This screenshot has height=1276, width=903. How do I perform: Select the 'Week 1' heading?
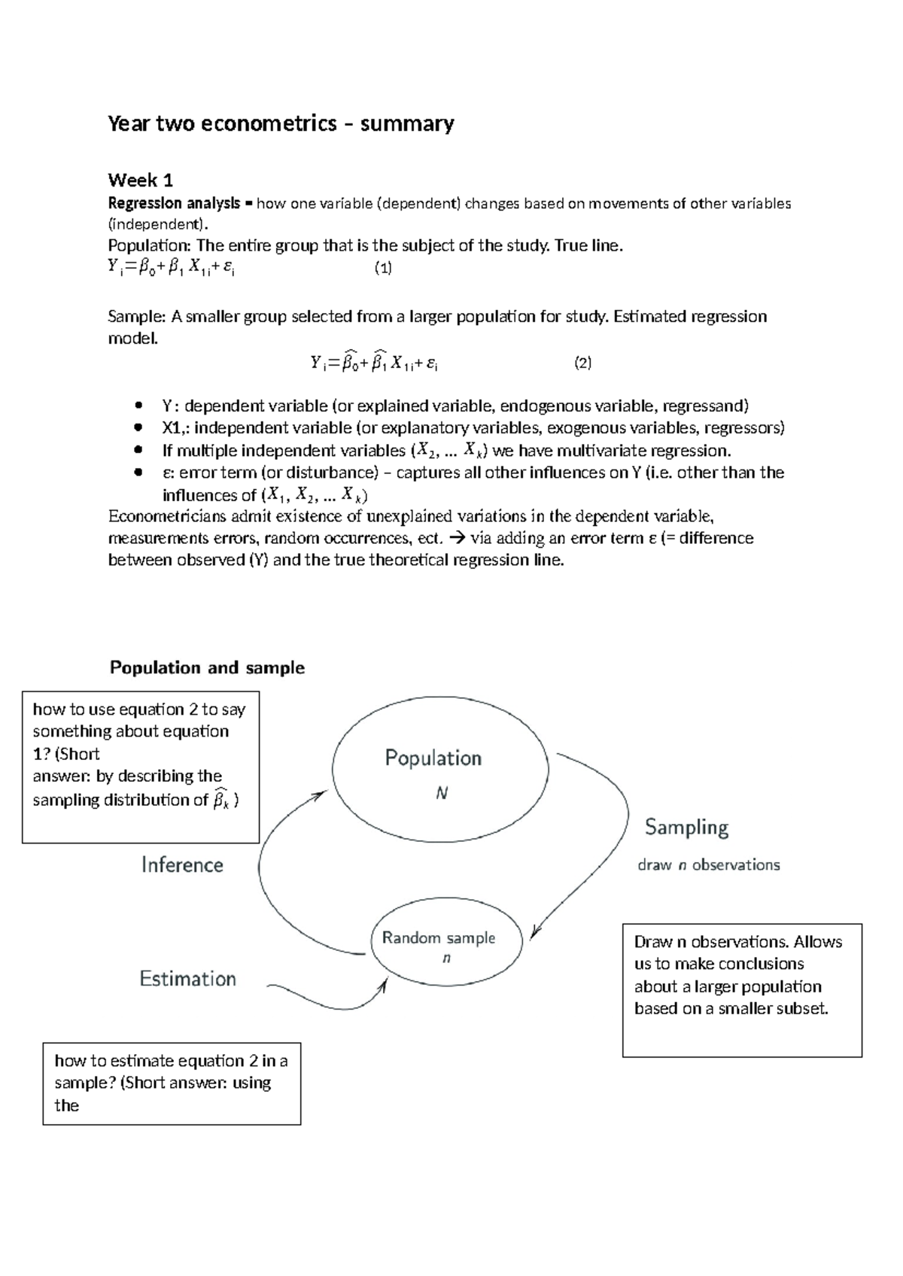pos(141,180)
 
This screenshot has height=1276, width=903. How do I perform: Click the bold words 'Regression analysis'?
pos(174,203)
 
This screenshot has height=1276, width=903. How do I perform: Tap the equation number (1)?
pos(384,268)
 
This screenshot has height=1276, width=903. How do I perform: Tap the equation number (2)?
pos(582,363)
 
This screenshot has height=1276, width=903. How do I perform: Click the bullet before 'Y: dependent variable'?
pos(137,406)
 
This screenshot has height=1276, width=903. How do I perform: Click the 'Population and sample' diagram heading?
pos(207,668)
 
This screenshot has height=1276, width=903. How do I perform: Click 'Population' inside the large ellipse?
pos(433,758)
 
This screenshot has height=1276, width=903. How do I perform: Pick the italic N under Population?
pos(442,794)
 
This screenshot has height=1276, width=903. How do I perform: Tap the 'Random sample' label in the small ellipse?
pos(438,937)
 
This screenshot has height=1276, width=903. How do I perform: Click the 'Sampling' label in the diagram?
pos(686,828)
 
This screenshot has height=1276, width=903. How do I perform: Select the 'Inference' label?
pos(182,865)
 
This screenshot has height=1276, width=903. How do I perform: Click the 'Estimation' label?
pos(187,979)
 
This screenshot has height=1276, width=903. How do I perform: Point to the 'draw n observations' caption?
pos(708,865)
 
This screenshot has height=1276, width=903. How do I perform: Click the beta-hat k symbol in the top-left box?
pos(221,800)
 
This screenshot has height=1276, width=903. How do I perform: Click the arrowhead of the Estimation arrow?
pos(385,984)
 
